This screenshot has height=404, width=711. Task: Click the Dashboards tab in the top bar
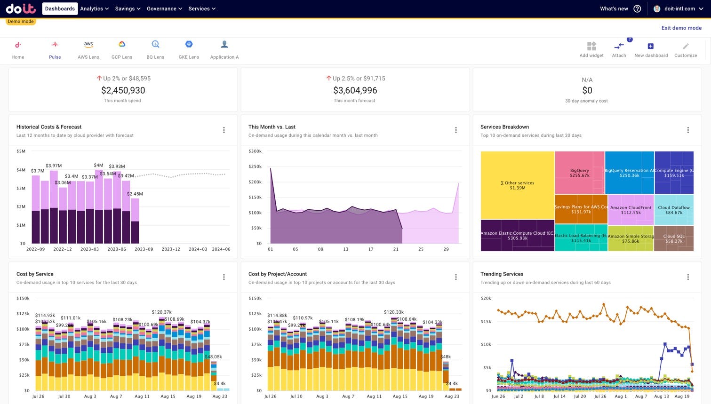point(60,8)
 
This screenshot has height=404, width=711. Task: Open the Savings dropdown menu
point(128,8)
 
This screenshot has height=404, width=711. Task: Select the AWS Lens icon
point(88,45)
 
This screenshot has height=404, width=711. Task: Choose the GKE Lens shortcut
point(189,45)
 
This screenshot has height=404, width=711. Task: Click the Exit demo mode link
point(681,28)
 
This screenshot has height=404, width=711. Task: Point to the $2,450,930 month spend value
point(123,90)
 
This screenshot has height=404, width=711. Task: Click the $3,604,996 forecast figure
point(355,90)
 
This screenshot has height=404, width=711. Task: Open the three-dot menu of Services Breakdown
point(688,130)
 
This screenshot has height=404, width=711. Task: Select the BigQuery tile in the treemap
point(579,173)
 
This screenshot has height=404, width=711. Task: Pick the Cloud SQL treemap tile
point(674,238)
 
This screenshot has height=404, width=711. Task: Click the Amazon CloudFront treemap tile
point(631,210)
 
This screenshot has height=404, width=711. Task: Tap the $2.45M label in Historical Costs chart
point(135,194)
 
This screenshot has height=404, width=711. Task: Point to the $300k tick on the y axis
point(255,151)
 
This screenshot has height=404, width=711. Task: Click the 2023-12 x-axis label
point(171,249)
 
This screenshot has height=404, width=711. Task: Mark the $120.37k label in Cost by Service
point(161,312)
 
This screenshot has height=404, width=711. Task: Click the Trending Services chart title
point(502,274)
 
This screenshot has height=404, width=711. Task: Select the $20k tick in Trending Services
point(486,299)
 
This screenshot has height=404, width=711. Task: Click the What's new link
point(614,8)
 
